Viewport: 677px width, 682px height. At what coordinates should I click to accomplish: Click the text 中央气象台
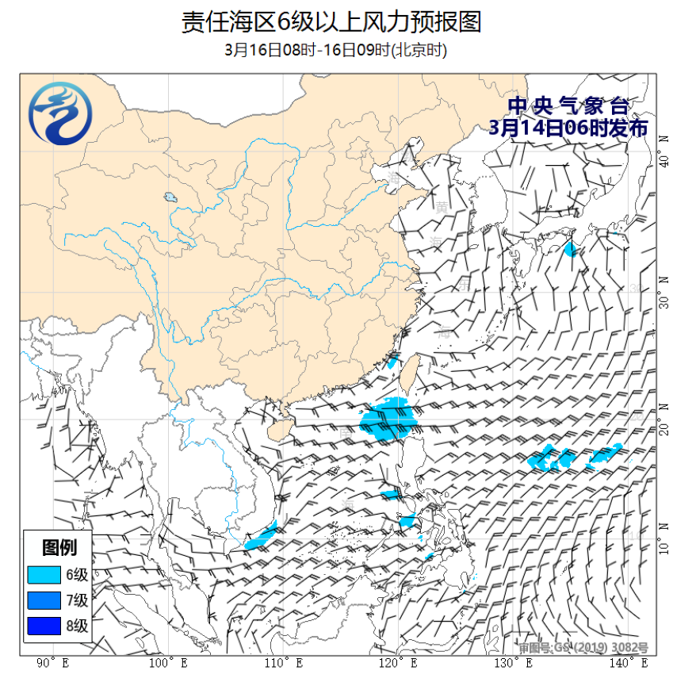coord(568,105)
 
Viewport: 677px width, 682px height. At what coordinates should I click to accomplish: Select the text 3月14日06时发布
coord(568,128)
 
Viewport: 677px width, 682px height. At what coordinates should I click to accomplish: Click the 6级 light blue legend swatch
coord(44,575)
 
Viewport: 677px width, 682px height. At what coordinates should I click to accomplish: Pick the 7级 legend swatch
coord(44,600)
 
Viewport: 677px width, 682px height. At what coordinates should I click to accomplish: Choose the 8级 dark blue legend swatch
coord(44,626)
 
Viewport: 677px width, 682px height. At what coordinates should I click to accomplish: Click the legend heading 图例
coord(59,547)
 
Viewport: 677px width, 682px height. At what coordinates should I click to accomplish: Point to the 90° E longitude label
coord(54,662)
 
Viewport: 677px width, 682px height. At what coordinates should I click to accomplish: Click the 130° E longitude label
coord(512,662)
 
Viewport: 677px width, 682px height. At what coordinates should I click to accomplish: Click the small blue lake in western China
coord(170,197)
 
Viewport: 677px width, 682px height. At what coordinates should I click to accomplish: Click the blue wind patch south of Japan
coord(570,249)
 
